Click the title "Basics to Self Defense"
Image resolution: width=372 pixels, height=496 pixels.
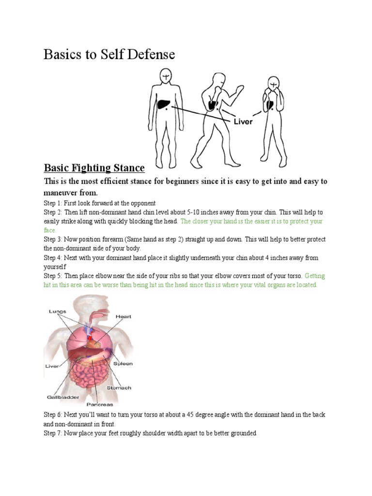click(109, 54)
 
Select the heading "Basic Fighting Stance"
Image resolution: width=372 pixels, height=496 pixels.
click(94, 168)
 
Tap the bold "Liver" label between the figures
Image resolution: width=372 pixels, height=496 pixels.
click(243, 122)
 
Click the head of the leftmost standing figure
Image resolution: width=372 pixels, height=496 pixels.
click(165, 77)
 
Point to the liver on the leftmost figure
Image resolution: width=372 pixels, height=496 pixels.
click(164, 104)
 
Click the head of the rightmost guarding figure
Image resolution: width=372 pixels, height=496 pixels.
click(274, 85)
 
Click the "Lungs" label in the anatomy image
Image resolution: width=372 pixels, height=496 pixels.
click(57, 311)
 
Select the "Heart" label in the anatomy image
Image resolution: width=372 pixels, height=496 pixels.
click(123, 317)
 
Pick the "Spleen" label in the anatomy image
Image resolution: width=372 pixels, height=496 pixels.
click(123, 363)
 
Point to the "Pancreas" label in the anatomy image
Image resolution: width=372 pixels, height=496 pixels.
click(100, 404)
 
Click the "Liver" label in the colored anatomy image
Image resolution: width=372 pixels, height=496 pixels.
click(52, 366)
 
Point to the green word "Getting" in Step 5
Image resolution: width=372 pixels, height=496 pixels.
click(315, 276)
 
